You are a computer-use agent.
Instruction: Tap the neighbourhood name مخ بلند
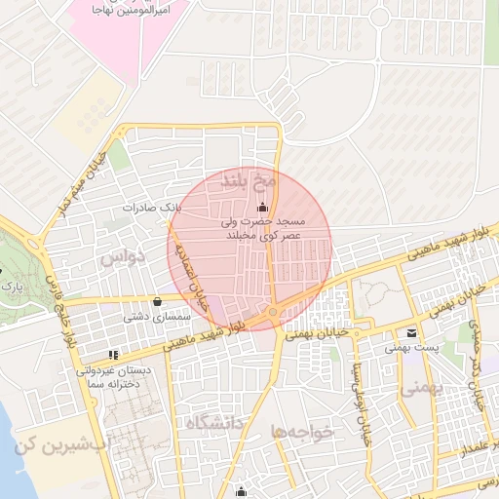pos(250,180)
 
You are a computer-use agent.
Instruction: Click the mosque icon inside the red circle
pos(260,208)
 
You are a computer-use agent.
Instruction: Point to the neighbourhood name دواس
pos(123,257)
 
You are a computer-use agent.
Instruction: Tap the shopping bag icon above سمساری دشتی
pos(157,301)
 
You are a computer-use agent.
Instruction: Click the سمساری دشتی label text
pos(148,317)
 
